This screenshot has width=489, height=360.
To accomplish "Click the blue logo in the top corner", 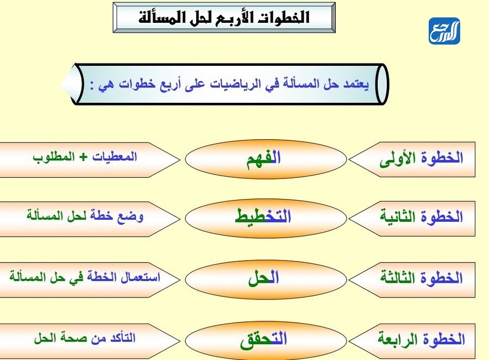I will [444, 32].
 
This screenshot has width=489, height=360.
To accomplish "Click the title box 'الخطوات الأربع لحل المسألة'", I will [224, 17].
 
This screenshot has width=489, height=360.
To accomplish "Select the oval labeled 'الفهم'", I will [266, 159].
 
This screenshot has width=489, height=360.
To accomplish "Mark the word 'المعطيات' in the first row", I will [114, 157].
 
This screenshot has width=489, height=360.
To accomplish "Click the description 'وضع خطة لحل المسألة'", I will [85, 215].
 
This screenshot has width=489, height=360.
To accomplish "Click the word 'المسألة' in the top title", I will [161, 17].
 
